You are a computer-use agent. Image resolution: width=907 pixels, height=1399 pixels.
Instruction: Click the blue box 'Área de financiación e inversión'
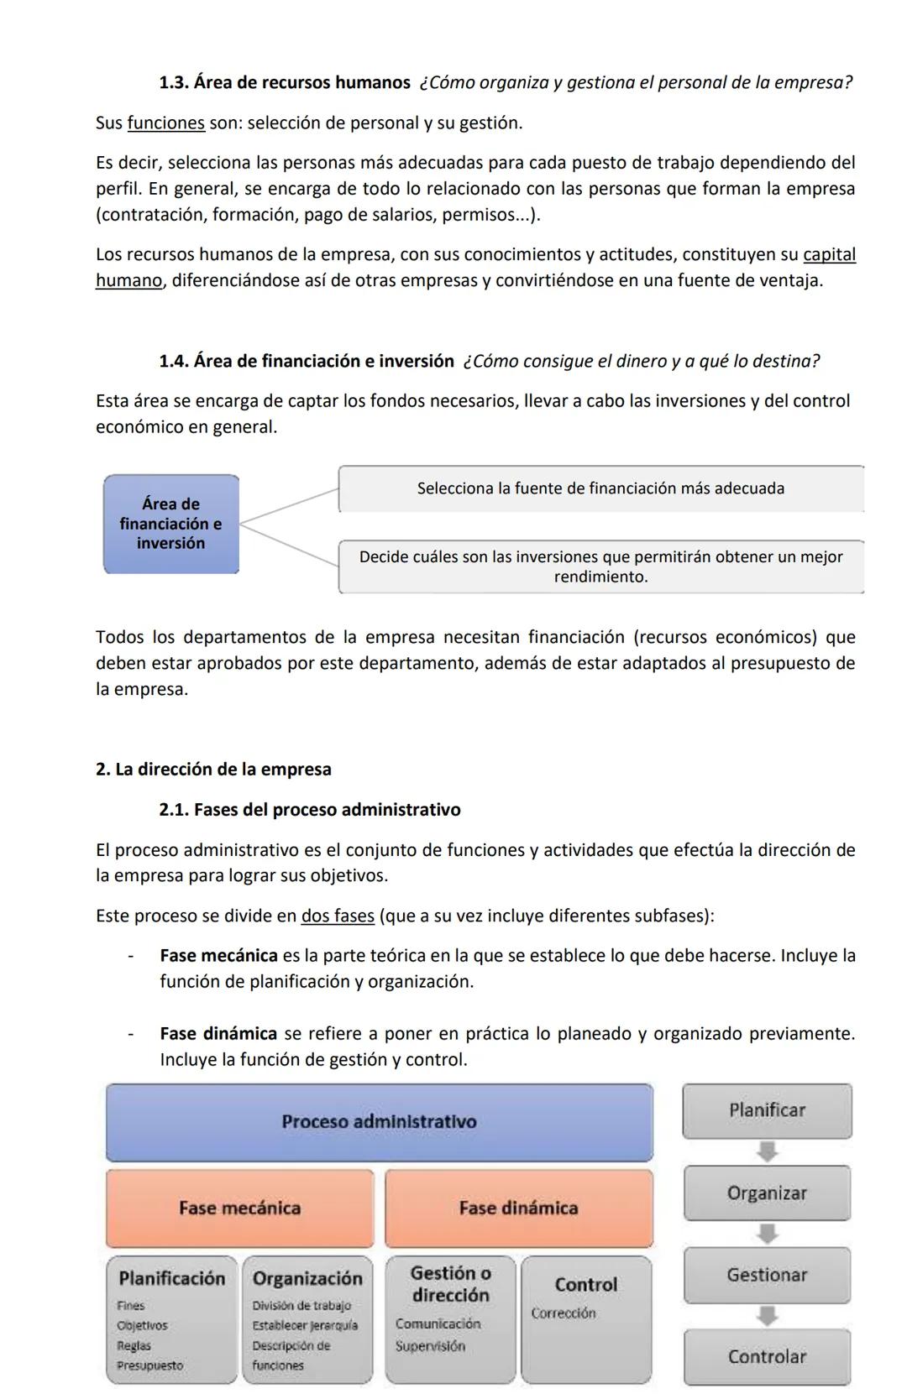(x=171, y=524)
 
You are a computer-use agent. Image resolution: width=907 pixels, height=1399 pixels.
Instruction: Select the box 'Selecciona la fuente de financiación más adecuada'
(x=600, y=488)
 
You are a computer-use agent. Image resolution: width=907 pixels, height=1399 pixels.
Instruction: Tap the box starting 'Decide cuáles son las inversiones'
(x=600, y=566)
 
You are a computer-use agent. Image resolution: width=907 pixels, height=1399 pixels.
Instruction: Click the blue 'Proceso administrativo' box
(x=379, y=1122)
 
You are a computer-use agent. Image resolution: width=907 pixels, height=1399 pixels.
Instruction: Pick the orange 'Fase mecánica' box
(x=239, y=1208)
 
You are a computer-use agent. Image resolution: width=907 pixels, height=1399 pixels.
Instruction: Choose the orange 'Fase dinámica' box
(x=518, y=1208)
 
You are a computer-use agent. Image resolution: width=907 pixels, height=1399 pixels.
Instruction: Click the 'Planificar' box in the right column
(x=767, y=1110)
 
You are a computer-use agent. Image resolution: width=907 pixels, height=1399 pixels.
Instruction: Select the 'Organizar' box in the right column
(x=767, y=1193)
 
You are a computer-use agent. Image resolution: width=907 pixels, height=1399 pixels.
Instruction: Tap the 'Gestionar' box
(x=767, y=1275)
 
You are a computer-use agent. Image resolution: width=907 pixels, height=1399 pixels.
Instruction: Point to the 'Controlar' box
(x=767, y=1356)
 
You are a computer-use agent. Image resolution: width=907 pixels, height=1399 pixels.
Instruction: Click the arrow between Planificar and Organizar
(x=767, y=1151)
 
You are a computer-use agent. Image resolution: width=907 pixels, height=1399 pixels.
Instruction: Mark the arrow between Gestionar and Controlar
(x=767, y=1316)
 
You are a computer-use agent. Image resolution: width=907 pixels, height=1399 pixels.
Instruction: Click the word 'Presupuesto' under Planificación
(x=150, y=1365)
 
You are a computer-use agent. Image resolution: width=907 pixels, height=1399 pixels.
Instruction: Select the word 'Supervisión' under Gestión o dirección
(x=430, y=1346)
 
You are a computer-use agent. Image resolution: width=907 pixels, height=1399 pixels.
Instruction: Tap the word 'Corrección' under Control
(x=564, y=1313)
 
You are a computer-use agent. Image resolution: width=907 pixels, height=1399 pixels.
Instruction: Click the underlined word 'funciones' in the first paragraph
(x=165, y=123)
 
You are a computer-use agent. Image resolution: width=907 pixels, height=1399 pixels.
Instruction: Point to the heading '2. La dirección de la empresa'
(x=213, y=770)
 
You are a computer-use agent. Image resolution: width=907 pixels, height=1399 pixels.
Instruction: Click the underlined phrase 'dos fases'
(x=338, y=916)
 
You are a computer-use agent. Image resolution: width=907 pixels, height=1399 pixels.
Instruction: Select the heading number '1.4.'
(x=174, y=362)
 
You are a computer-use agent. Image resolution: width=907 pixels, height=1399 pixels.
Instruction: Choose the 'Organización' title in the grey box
(x=307, y=1278)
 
